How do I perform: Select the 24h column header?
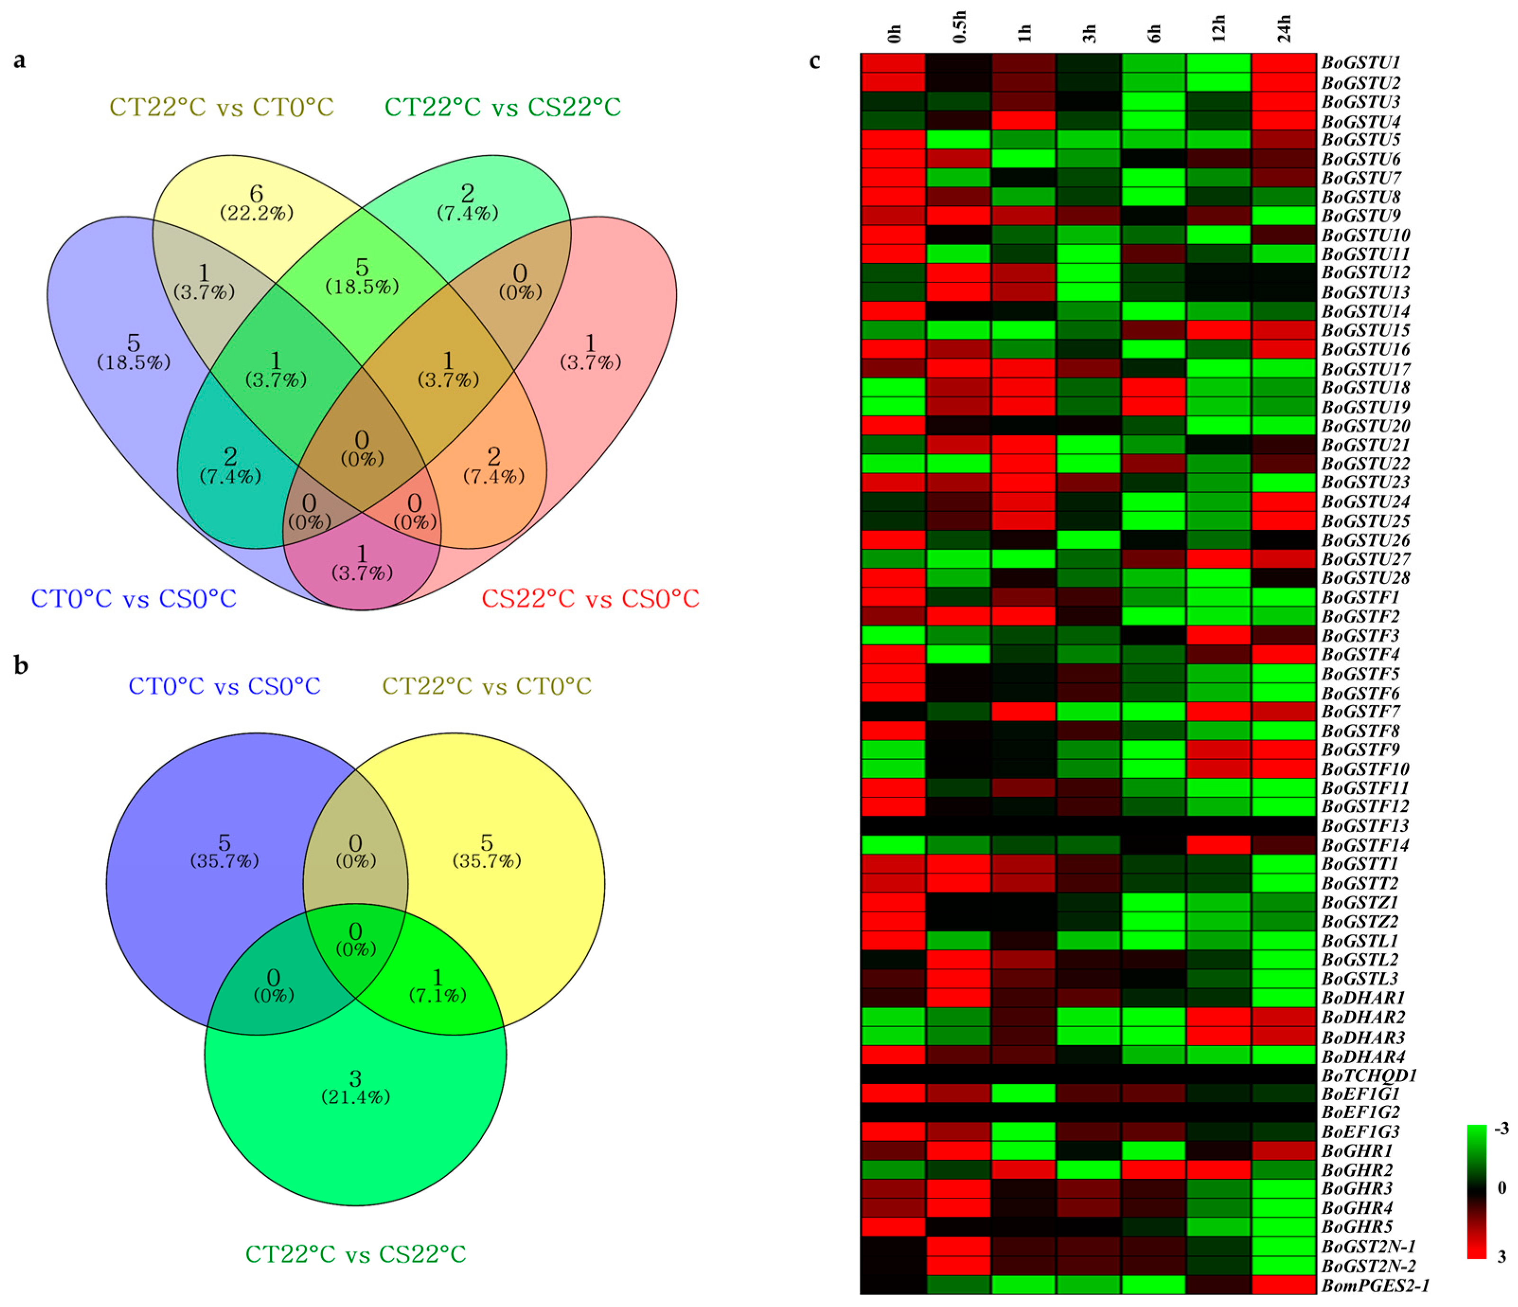[1284, 29]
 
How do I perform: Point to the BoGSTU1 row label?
[1360, 63]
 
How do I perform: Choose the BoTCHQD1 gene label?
[1368, 1076]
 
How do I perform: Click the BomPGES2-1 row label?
[1375, 1285]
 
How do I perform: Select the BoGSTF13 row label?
[1365, 826]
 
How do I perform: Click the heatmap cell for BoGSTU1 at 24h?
[1284, 63]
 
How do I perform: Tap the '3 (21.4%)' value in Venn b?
[355, 1086]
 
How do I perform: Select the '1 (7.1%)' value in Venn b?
[437, 985]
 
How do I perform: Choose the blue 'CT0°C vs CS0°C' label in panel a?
[133, 599]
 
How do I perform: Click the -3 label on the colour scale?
[1500, 1128]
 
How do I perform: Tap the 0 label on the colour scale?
[1501, 1188]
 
